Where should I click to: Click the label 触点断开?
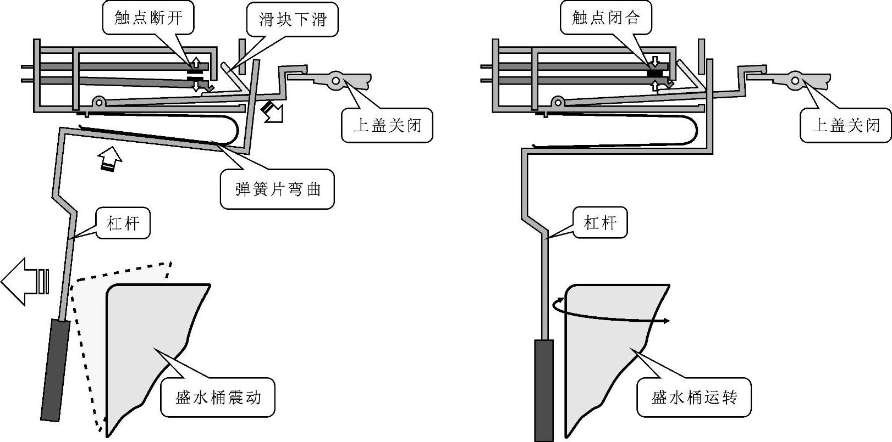point(148,18)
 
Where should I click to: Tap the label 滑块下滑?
point(292,19)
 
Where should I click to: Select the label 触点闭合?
point(605,18)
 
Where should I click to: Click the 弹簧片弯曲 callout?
point(277,189)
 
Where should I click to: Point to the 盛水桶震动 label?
point(217,398)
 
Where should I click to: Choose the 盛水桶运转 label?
point(694,398)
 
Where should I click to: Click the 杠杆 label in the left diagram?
point(123,223)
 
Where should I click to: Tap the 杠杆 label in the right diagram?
point(600,223)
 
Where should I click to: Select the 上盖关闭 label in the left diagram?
point(387,126)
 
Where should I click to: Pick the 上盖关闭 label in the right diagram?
point(846,126)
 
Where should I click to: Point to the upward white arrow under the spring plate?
point(110,159)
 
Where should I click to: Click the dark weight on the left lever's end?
point(56,370)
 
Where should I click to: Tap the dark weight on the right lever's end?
point(543,390)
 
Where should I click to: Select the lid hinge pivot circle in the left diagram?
point(336,81)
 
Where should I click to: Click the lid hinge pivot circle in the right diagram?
point(795,81)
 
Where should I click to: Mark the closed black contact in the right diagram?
point(655,74)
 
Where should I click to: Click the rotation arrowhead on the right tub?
point(667,321)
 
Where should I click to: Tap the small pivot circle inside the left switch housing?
point(99,103)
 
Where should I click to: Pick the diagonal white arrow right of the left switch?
point(273,111)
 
